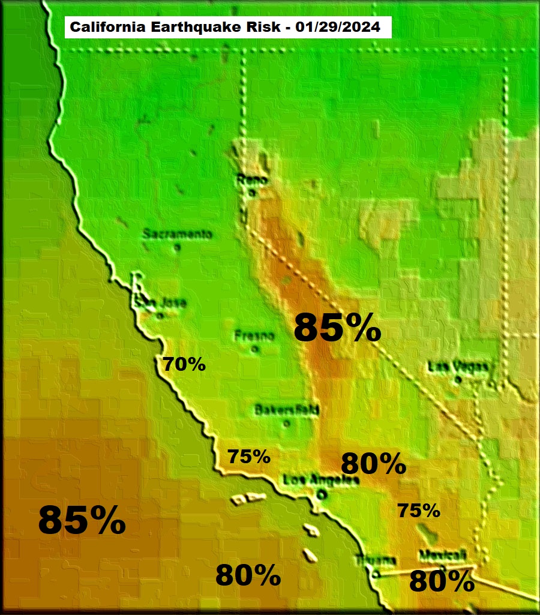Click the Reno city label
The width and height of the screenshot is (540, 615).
tap(251, 179)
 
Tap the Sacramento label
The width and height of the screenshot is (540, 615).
tap(178, 234)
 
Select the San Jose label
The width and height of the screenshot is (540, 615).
tap(160, 303)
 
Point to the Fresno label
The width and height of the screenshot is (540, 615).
tap(254, 335)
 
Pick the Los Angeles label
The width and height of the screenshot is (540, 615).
tap(321, 480)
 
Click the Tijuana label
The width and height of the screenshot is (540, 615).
tap(376, 560)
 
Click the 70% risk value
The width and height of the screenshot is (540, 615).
tap(184, 364)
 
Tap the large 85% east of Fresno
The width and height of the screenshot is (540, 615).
tap(338, 328)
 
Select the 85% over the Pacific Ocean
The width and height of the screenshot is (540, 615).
tap(82, 520)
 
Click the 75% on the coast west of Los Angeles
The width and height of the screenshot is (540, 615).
tap(249, 456)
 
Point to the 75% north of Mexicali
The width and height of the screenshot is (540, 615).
tap(419, 511)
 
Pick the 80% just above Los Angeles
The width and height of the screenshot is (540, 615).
tap(373, 464)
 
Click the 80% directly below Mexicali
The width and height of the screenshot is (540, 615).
tap(442, 581)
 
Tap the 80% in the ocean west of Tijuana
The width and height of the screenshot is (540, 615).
tap(248, 576)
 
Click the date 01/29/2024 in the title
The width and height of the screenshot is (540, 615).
tap(340, 28)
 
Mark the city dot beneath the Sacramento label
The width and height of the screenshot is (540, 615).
tap(176, 247)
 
